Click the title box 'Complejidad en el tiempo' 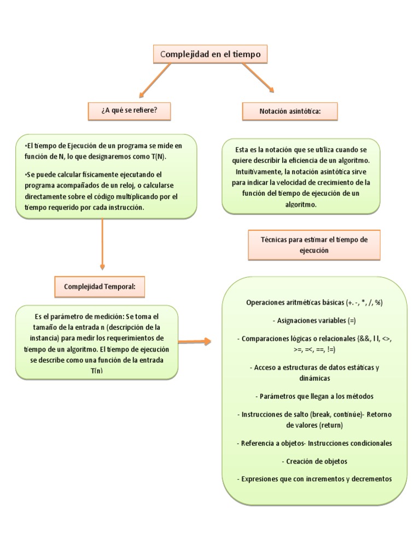coord(211,55)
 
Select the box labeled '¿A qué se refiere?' coord(129,111)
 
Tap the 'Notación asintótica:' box coord(290,112)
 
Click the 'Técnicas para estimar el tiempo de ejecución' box coord(314,244)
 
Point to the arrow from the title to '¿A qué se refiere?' coord(154,80)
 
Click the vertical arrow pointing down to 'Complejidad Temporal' coord(102,243)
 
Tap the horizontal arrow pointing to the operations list coord(194,342)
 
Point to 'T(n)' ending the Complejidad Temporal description coord(96,370)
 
